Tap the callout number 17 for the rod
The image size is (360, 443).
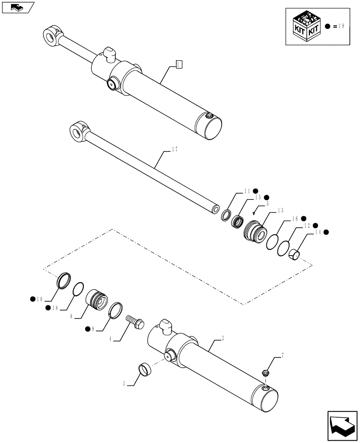tap(174, 150)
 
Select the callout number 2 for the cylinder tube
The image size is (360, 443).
tap(222, 338)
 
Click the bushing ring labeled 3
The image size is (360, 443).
tap(145, 369)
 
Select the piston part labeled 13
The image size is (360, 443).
tap(254, 230)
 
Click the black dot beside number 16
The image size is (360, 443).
tap(304, 218)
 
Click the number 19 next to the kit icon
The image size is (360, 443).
tap(340, 27)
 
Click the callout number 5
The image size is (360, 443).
tap(267, 204)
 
